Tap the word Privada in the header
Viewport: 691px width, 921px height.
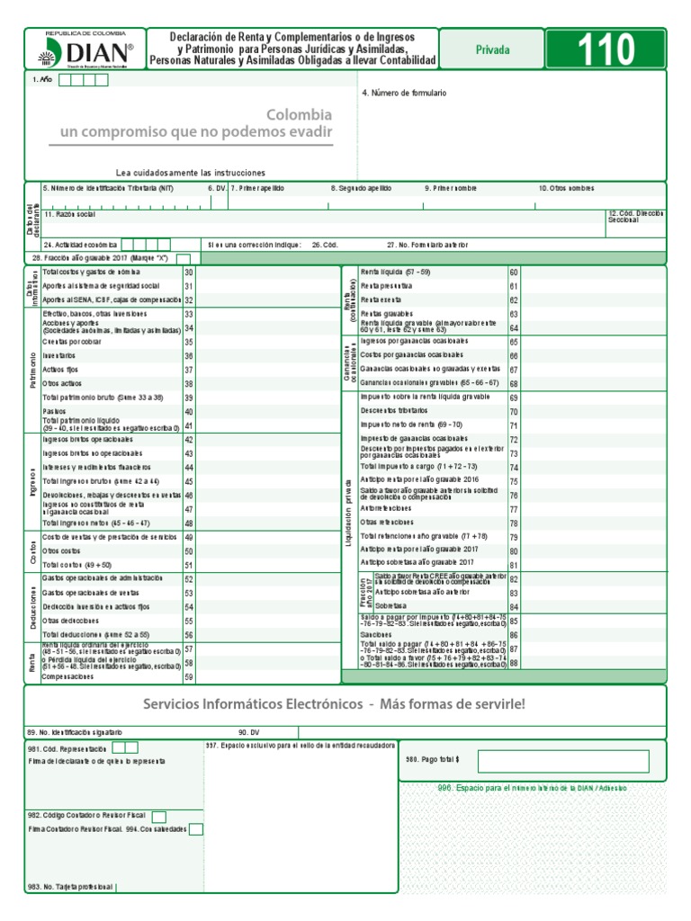click(x=492, y=50)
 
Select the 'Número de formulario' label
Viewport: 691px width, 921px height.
click(x=403, y=93)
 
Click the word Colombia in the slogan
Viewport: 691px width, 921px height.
click(x=299, y=115)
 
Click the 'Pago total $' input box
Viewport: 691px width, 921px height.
click(x=563, y=761)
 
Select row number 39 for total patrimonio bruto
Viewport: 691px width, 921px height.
click(x=189, y=398)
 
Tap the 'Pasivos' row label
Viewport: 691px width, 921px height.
click(x=56, y=410)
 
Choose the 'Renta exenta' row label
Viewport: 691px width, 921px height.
click(x=381, y=300)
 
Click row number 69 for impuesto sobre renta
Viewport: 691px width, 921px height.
click(x=514, y=397)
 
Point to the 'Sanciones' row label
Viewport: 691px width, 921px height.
click(x=378, y=634)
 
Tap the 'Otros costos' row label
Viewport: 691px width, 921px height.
click(x=62, y=550)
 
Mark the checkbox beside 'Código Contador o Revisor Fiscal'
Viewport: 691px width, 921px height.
click(x=159, y=817)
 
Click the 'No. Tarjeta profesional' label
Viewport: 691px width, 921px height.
click(x=70, y=888)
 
